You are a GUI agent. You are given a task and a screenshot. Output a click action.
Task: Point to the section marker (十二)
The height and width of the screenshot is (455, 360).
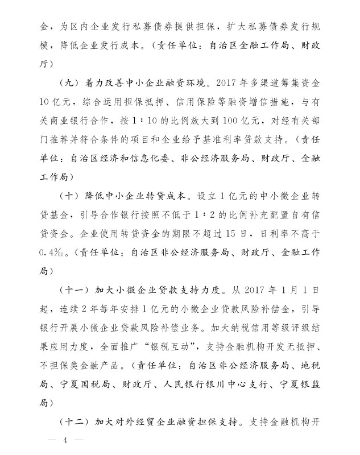pyautogui.click(x=74, y=423)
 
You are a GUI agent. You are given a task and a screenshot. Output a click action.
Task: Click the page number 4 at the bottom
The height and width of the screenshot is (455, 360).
pyautogui.click(x=66, y=441)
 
